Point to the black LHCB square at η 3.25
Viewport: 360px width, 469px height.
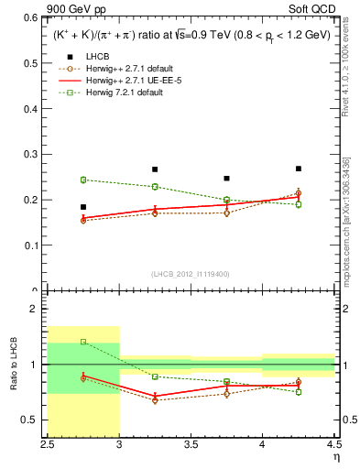(155, 169)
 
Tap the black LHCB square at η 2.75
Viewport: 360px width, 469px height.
(83, 207)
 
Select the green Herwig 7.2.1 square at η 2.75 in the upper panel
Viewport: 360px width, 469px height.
(83, 180)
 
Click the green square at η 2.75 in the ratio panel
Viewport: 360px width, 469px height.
(83, 342)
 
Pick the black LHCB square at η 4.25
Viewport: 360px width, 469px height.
(299, 169)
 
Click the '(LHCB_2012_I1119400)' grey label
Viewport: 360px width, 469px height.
(191, 274)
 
